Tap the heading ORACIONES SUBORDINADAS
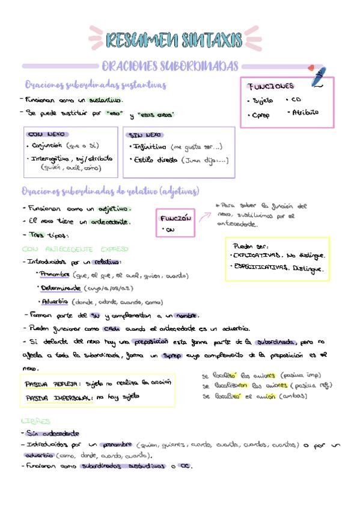[170, 66]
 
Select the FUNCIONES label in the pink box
[272, 86]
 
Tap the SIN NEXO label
[147, 135]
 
